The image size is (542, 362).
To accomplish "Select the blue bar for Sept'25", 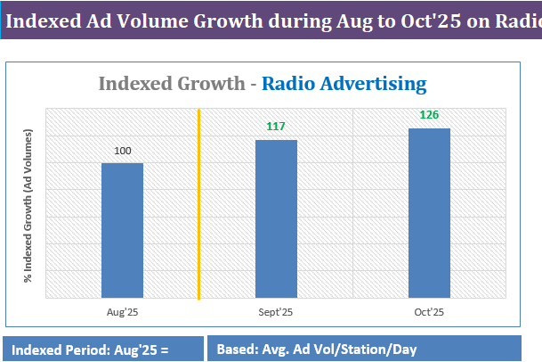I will pos(276,218).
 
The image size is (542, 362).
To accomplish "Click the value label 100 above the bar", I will pos(123,151).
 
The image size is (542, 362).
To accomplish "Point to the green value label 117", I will pos(276,127).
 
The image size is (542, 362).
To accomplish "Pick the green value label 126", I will pos(430,115).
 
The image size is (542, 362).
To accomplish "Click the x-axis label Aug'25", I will pos(122,311).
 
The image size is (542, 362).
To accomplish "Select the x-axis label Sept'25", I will pos(276,311).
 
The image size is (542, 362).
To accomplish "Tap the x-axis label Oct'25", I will pos(430,311).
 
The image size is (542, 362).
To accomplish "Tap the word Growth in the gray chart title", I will pos(214,84).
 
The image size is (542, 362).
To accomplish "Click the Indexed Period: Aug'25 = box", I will pos(102,350).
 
